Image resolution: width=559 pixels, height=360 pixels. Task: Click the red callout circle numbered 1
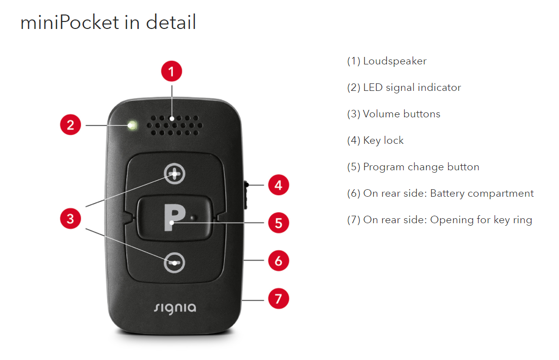coord(171,71)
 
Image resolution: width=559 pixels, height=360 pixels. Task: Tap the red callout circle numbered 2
coord(70,124)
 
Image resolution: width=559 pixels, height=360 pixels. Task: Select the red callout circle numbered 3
coord(70,218)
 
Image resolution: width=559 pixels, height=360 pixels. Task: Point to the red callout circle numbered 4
coord(278,185)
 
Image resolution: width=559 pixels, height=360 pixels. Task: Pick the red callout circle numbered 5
coord(278,223)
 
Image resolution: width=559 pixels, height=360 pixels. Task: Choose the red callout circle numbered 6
coord(278,261)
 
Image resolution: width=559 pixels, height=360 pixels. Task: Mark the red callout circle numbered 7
coord(278,299)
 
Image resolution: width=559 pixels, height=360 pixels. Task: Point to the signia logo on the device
coord(174,306)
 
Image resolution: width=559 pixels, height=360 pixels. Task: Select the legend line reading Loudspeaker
coord(387,61)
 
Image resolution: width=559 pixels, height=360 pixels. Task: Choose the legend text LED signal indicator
coord(404,87)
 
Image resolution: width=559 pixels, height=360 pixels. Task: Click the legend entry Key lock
coord(375,140)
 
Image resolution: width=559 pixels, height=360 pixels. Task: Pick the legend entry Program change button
coord(413,167)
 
